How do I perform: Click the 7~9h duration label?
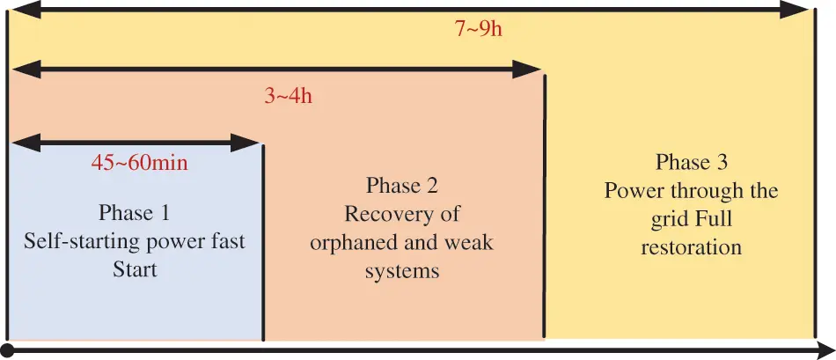479,28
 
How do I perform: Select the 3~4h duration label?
288,96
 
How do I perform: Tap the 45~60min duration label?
140,163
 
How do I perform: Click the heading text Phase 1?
134,213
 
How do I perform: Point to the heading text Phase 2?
401,186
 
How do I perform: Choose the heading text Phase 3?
691,163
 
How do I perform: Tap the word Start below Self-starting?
135,268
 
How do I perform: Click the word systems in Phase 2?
401,271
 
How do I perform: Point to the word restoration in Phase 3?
691,247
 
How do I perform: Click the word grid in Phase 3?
659,219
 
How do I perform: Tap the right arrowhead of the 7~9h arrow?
796,10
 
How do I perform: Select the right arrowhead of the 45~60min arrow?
253,141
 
